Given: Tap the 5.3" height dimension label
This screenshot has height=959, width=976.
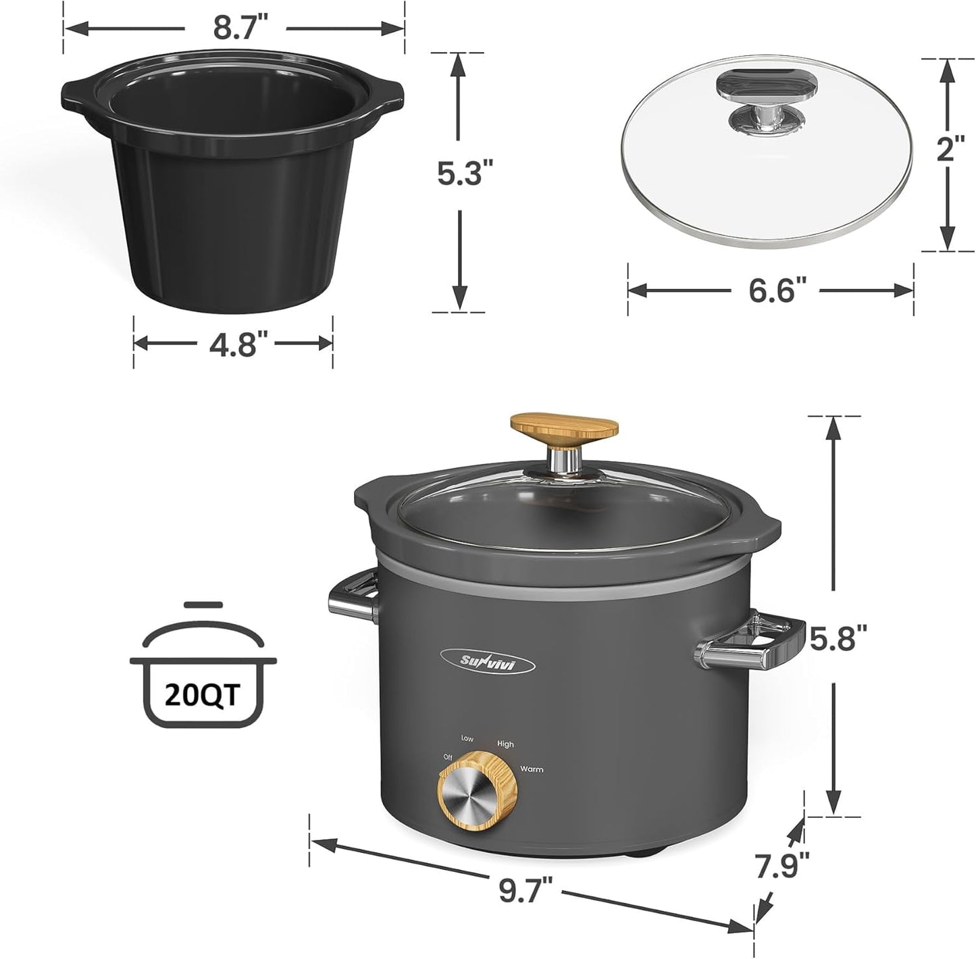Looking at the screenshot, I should point(460,174).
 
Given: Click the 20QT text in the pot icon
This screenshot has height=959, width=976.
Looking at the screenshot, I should point(203,695).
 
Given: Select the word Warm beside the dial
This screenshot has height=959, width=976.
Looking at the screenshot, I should point(531,769).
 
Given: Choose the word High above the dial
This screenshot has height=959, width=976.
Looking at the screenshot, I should point(505,744).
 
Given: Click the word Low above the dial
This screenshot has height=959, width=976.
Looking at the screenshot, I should point(467,739).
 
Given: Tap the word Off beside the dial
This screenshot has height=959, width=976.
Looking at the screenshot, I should point(447,758).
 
